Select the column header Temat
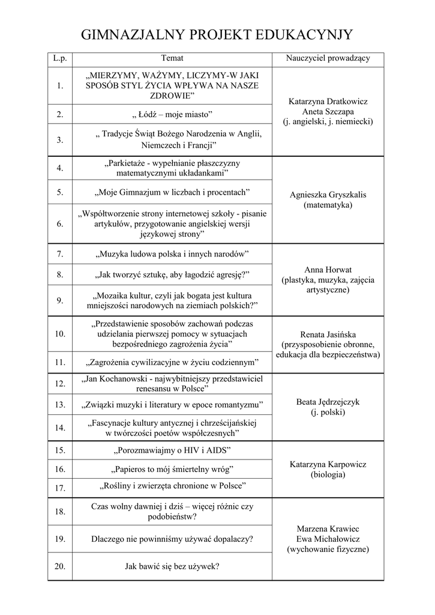coord(172,58)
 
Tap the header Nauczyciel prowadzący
coord(328,58)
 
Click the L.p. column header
coord(60,58)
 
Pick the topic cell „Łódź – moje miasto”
coord(172,114)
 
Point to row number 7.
coord(60,254)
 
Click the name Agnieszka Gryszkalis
coord(328,195)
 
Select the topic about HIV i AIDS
coord(172,450)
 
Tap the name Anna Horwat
coord(328,269)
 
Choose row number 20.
coord(60,566)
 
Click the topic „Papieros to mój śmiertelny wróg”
coord(172,468)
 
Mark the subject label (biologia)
coord(328,475)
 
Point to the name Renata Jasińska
coord(328,334)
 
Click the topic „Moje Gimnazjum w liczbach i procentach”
coord(172,192)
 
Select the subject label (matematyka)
coord(328,205)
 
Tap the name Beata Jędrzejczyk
coord(328,402)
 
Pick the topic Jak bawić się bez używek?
coord(172,566)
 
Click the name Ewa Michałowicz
coord(328,539)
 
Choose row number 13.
coord(60,405)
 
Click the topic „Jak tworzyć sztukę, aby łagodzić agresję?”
coord(172,274)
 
